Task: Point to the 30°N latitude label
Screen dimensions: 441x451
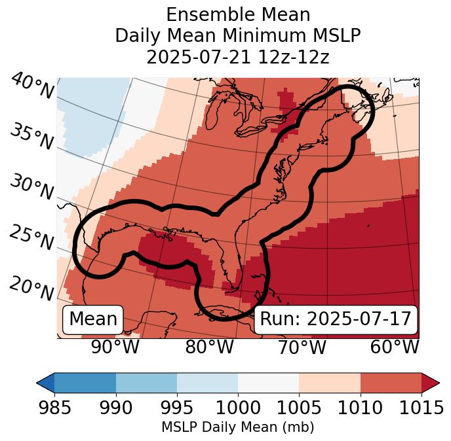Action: click(x=31, y=188)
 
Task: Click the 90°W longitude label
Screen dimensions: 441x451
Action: click(x=115, y=347)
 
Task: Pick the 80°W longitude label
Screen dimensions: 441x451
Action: click(x=209, y=347)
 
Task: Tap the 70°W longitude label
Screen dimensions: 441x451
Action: click(x=302, y=347)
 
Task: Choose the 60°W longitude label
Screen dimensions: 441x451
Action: click(x=395, y=347)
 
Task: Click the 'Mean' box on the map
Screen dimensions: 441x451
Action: click(x=93, y=319)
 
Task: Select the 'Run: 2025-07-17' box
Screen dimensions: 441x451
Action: click(x=336, y=319)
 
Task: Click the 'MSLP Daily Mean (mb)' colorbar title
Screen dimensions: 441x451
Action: click(x=237, y=427)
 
